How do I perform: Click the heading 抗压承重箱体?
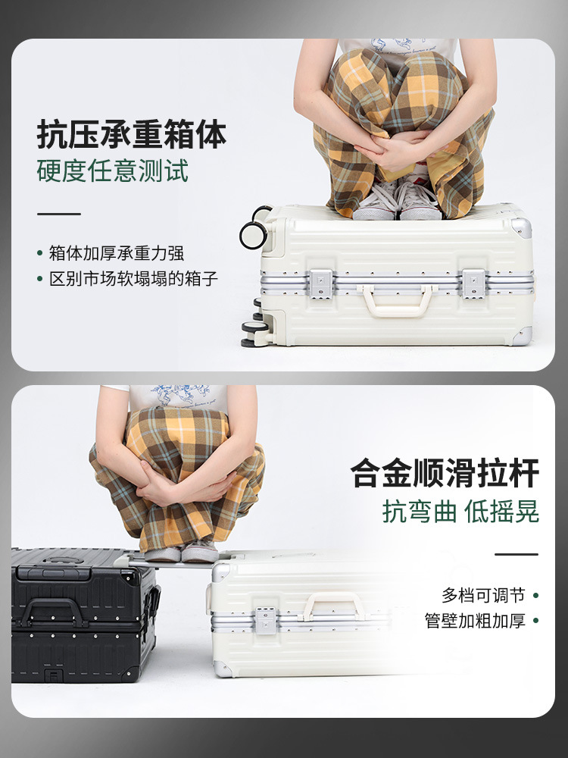[131, 134]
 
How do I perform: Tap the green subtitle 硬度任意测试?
[113, 171]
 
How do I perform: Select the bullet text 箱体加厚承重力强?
[117, 253]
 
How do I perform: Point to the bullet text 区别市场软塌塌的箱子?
[133, 279]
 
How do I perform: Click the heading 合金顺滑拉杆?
[445, 473]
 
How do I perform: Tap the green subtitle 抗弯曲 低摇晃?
[460, 512]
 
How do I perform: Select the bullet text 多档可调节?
[483, 595]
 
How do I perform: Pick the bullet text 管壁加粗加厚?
[475, 621]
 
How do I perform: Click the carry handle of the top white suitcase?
[397, 300]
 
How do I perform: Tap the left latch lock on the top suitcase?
[320, 283]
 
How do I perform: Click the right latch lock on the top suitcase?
[473, 283]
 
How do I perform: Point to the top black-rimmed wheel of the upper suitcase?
[253, 234]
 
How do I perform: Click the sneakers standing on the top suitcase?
[397, 201]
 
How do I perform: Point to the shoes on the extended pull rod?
[181, 551]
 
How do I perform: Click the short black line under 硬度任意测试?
[59, 214]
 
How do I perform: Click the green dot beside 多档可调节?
[535, 596]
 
